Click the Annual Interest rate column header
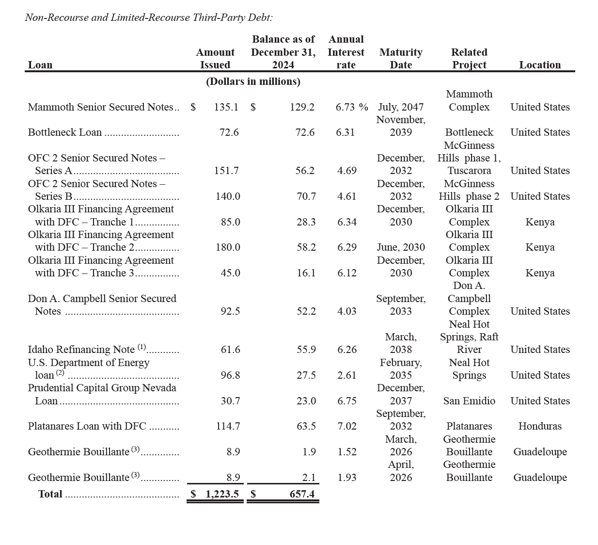[x=346, y=52]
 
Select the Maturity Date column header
[x=401, y=58]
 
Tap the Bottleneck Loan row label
[x=65, y=132]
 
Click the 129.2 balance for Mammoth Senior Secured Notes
[x=302, y=107]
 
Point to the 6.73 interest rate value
[x=346, y=107]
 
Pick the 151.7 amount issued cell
[x=226, y=171]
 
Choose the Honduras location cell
[x=540, y=426]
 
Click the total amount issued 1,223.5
[x=222, y=494]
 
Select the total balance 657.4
[x=302, y=494]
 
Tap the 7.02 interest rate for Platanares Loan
[x=347, y=426]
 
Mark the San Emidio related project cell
[x=469, y=401]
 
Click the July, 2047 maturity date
[x=401, y=107]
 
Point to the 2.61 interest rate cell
[x=347, y=375]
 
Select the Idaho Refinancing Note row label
[x=81, y=350]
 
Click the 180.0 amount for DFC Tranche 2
[x=228, y=247]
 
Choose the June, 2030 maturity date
[x=401, y=247]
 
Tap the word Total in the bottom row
[x=50, y=494]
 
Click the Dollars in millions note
[x=253, y=81]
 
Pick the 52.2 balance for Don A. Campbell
[x=306, y=311]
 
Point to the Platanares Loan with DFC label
[x=87, y=426]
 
